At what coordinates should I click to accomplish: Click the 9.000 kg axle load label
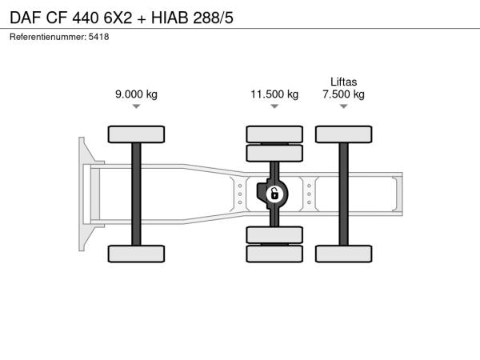(x=136, y=94)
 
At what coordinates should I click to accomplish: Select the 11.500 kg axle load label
(x=274, y=94)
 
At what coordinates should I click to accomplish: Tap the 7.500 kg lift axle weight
(x=343, y=94)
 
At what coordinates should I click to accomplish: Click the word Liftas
(x=343, y=82)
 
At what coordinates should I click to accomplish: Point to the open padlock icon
(x=274, y=194)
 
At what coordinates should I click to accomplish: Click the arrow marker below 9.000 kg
(x=136, y=106)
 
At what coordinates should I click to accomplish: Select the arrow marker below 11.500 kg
(x=274, y=106)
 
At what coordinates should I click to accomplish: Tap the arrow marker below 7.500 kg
(x=343, y=106)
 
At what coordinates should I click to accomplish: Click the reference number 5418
(x=98, y=37)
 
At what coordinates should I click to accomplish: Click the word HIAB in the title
(x=170, y=18)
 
